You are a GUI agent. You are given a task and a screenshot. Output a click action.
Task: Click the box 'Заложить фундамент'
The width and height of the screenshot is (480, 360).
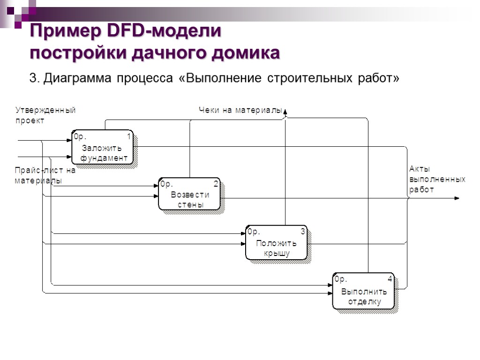pyautogui.click(x=103, y=147)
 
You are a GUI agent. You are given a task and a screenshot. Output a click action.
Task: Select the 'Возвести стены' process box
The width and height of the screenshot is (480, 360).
pyautogui.click(x=189, y=194)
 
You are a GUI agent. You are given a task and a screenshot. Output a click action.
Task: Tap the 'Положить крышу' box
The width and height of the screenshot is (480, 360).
pyautogui.click(x=276, y=243)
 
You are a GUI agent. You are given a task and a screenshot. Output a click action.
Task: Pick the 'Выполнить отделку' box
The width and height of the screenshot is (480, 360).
pyautogui.click(x=363, y=291)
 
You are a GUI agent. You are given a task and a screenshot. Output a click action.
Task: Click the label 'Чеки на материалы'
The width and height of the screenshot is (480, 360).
pyautogui.click(x=240, y=111)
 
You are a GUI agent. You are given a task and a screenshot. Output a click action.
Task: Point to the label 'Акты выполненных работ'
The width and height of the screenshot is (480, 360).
pyautogui.click(x=437, y=179)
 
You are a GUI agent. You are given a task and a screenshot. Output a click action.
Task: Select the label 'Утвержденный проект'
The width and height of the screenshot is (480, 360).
pyautogui.click(x=45, y=115)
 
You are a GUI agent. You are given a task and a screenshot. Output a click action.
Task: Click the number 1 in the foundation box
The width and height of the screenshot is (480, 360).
pyautogui.click(x=129, y=136)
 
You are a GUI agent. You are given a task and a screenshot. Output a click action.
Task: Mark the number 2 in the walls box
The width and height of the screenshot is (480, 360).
pyautogui.click(x=216, y=184)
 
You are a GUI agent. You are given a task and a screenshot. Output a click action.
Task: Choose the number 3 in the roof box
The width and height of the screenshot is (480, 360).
pyautogui.click(x=303, y=232)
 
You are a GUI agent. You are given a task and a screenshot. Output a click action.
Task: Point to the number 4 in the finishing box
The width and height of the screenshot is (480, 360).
pyautogui.click(x=390, y=279)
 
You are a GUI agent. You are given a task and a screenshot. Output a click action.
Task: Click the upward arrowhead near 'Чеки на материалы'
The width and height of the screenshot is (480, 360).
pyautogui.click(x=286, y=111)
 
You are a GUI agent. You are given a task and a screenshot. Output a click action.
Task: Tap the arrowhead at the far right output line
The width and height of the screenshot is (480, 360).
pyautogui.click(x=457, y=198)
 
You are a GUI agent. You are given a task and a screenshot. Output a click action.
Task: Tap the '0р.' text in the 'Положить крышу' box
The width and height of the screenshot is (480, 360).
pyautogui.click(x=254, y=232)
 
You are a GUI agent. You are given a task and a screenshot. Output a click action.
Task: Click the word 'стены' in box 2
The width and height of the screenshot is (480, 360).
pyautogui.click(x=190, y=204)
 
